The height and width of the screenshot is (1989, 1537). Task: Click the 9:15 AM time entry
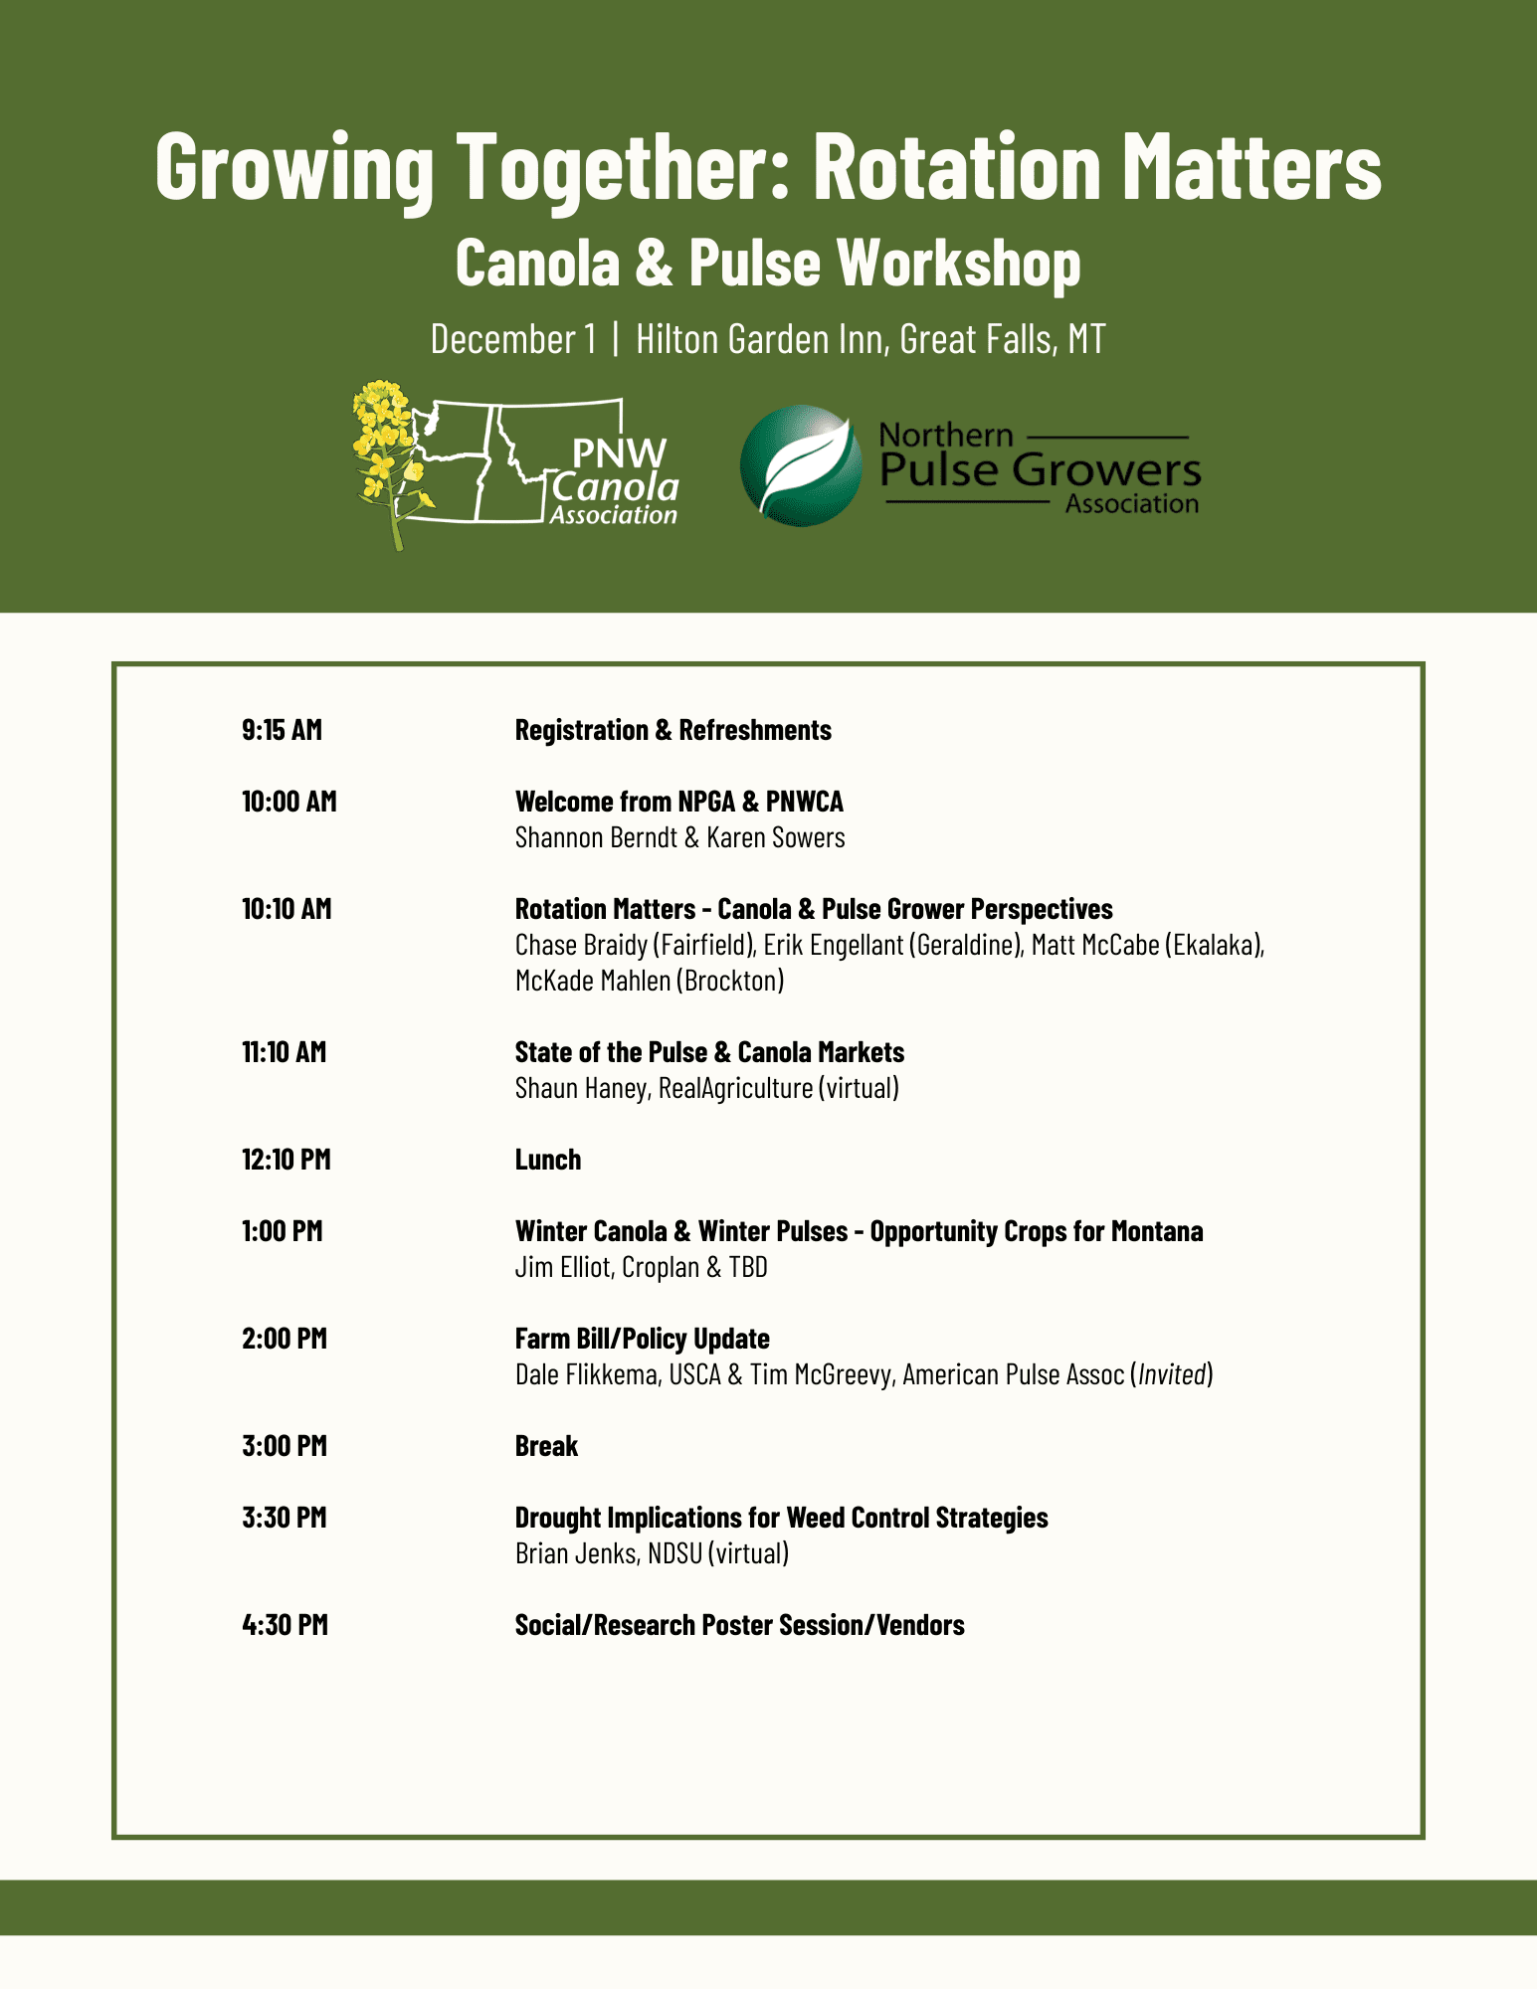282,730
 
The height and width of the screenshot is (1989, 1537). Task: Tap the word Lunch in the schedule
547,1160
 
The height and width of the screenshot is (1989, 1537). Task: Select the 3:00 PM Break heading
546,1446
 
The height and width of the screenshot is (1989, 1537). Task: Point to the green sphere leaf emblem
801,465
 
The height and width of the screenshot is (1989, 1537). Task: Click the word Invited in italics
1172,1374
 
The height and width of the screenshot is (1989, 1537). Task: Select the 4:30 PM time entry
285,1625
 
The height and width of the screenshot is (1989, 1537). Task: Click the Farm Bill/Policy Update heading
642,1339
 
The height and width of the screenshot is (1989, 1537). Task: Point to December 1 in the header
513,339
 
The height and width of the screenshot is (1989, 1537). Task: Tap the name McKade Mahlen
593,981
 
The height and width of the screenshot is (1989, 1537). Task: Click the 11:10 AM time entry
284,1052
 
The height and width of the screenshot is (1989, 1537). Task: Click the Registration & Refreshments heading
672,730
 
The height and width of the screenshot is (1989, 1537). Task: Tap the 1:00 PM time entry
282,1231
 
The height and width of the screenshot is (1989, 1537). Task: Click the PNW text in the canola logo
619,453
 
